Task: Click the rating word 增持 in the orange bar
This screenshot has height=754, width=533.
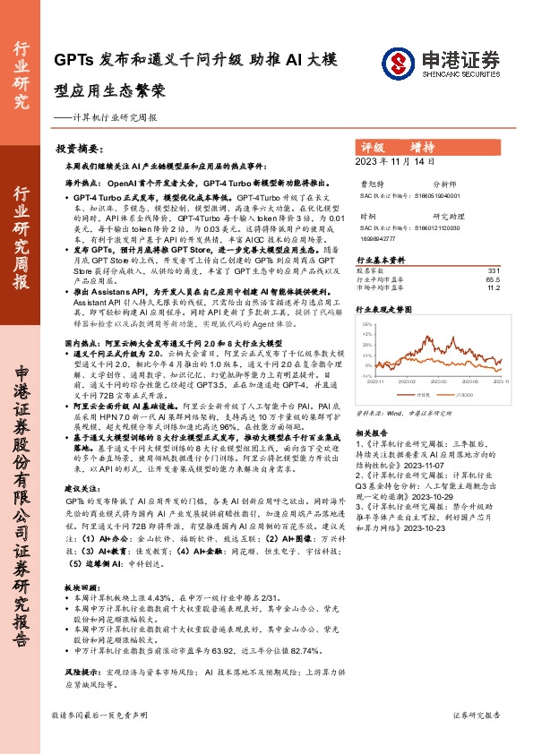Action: (x=423, y=146)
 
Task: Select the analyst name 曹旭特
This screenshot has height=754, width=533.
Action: (x=370, y=183)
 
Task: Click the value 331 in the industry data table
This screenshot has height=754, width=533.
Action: (x=493, y=270)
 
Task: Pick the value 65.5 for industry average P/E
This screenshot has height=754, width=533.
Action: (x=492, y=279)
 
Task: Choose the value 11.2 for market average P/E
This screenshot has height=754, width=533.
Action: (x=492, y=288)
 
